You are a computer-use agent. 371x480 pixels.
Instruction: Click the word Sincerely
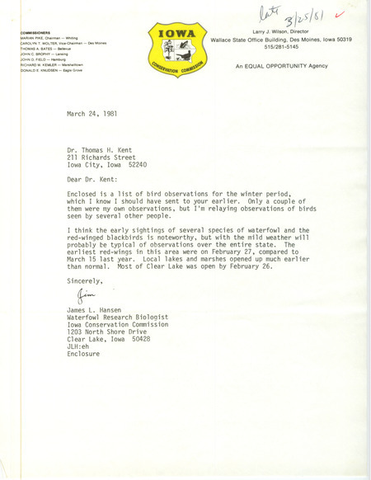point(87,281)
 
